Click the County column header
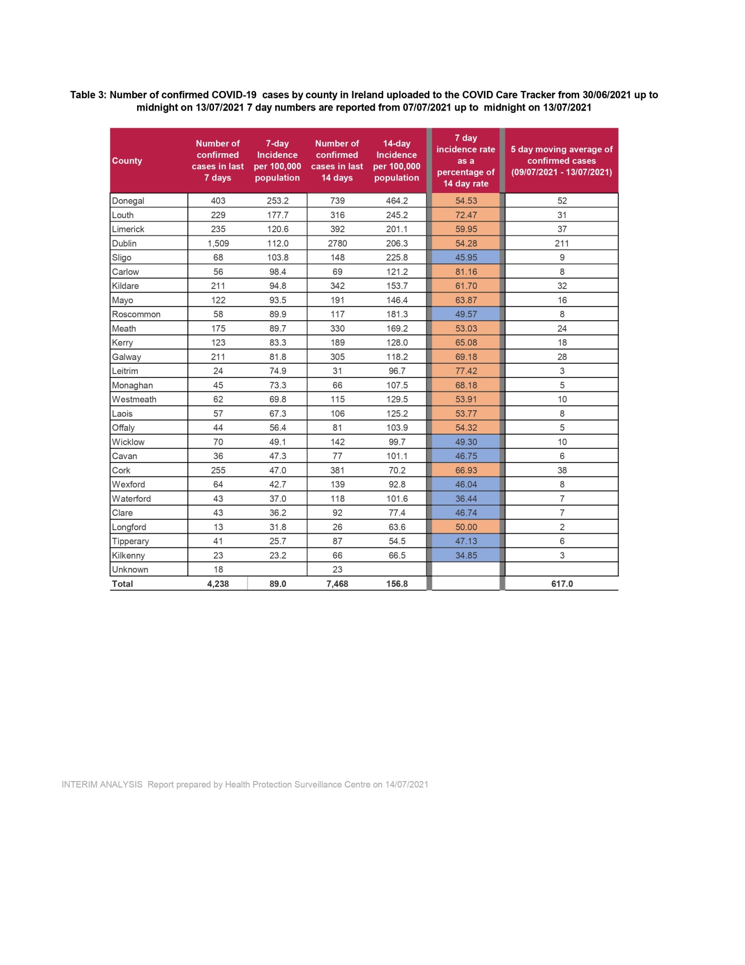coord(127,161)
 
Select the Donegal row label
coord(128,201)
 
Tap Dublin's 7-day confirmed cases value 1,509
coord(218,243)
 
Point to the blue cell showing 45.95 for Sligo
coord(466,257)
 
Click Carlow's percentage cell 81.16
coord(466,271)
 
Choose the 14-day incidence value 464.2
coord(397,201)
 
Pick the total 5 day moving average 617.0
coord(562,584)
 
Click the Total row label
coord(123,584)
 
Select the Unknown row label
coord(130,569)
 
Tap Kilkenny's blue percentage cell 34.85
coord(466,555)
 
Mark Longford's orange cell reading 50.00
coord(466,527)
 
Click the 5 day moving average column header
coord(562,161)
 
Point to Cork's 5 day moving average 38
coord(562,470)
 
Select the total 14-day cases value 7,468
coord(337,584)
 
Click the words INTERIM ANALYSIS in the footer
coord(102,785)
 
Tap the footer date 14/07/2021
coord(406,785)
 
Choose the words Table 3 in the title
coord(88,95)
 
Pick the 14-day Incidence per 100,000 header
coord(397,161)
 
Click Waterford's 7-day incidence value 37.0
coord(277,499)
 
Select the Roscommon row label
coord(136,314)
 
